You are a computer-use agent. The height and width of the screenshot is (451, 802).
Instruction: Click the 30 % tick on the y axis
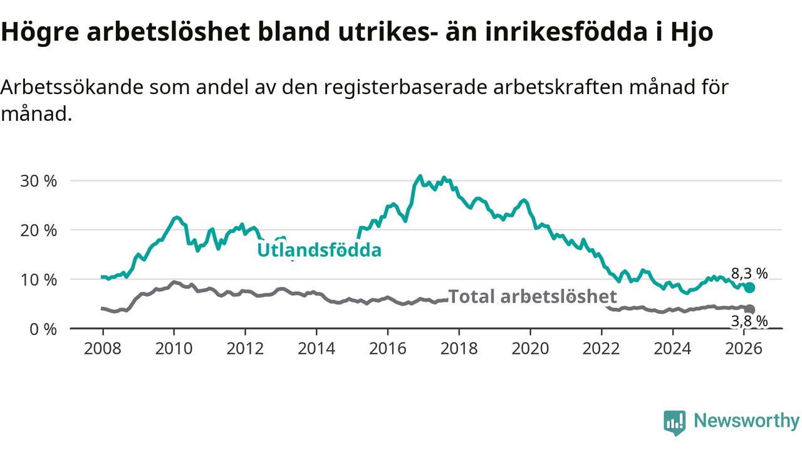tap(39, 181)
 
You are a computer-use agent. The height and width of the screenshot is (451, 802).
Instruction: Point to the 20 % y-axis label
tap(39, 230)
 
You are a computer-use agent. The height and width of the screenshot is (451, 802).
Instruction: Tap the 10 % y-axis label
tap(39, 279)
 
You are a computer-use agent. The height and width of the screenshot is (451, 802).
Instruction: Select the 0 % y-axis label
tap(43, 328)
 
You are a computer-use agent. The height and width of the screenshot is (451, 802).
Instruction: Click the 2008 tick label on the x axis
tap(103, 348)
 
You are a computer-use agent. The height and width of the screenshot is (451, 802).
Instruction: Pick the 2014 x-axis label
tap(316, 348)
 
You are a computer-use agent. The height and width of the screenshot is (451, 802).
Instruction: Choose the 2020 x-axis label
tap(530, 348)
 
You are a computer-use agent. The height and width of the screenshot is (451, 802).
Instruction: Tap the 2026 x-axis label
tap(744, 348)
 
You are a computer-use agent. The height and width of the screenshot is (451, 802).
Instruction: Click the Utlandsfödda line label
tap(319, 251)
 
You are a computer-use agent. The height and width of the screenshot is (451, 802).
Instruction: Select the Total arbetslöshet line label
tap(533, 296)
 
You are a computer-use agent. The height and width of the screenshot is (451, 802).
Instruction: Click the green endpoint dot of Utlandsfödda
tap(749, 288)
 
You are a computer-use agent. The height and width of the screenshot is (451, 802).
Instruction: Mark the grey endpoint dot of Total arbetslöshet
tap(750, 309)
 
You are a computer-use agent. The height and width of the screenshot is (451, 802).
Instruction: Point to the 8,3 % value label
tap(749, 273)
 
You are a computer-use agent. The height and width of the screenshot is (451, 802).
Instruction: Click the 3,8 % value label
tap(749, 321)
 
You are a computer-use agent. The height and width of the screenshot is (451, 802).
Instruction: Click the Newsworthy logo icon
tap(675, 423)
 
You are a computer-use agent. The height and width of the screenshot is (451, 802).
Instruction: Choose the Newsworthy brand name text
tap(746, 421)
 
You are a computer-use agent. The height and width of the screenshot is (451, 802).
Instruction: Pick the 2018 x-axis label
tap(459, 348)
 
